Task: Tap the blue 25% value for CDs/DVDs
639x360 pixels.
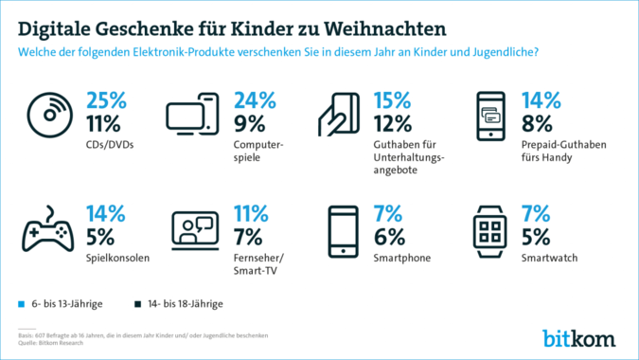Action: click(x=108, y=99)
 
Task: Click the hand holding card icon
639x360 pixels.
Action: click(x=338, y=118)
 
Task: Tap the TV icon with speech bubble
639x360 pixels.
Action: click(x=194, y=229)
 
